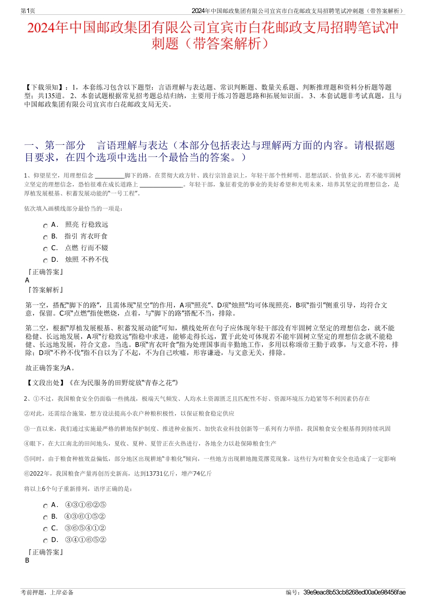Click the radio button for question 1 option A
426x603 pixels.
(45, 226)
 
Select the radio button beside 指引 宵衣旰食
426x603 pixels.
(45, 238)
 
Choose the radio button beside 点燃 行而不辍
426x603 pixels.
(45, 249)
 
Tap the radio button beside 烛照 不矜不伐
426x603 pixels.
(45, 261)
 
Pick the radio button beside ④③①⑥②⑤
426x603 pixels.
(45, 506)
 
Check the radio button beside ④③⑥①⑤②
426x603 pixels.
(45, 518)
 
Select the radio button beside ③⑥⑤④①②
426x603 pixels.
(45, 529)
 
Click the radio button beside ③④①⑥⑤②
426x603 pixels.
(45, 541)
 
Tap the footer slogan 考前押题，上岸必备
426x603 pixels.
(47, 592)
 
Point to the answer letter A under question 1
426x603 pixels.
(27, 280)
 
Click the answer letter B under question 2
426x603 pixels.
(27, 560)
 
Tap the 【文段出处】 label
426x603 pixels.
(45, 383)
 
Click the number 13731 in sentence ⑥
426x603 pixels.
(154, 474)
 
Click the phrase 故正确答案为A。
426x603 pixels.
(50, 368)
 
